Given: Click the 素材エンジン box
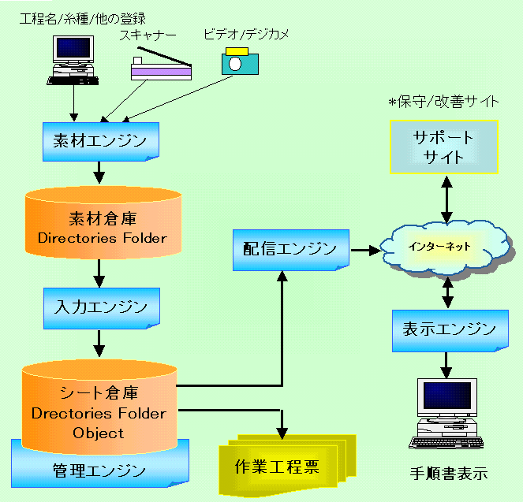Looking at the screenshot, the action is tap(101, 142).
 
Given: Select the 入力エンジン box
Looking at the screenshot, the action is tap(102, 308).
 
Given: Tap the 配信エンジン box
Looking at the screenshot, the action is tap(291, 250).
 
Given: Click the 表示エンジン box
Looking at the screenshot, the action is tap(450, 330).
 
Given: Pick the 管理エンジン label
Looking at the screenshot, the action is tap(99, 471).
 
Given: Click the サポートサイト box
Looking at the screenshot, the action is tap(444, 147).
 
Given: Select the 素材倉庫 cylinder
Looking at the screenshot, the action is tap(103, 222).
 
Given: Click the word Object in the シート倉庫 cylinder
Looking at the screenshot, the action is tap(98, 433).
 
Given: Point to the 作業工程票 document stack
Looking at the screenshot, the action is tap(287, 465).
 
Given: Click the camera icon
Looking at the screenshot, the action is tap(240, 61).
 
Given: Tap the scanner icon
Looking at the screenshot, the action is tap(162, 64).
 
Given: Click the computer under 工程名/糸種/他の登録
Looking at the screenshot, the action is tap(73, 61).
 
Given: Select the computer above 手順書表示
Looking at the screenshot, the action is tap(446, 414).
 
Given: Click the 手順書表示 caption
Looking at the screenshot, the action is tap(449, 474).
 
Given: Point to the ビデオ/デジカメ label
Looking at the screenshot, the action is tap(246, 35).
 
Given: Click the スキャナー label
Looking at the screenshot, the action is tap(148, 35).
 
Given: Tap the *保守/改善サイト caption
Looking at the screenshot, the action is tap(443, 102).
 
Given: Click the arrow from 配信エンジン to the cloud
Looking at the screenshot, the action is tap(366, 250).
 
